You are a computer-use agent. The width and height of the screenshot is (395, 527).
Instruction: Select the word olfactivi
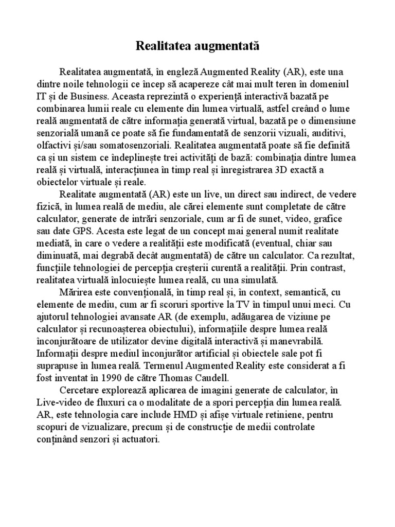pos(53,145)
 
